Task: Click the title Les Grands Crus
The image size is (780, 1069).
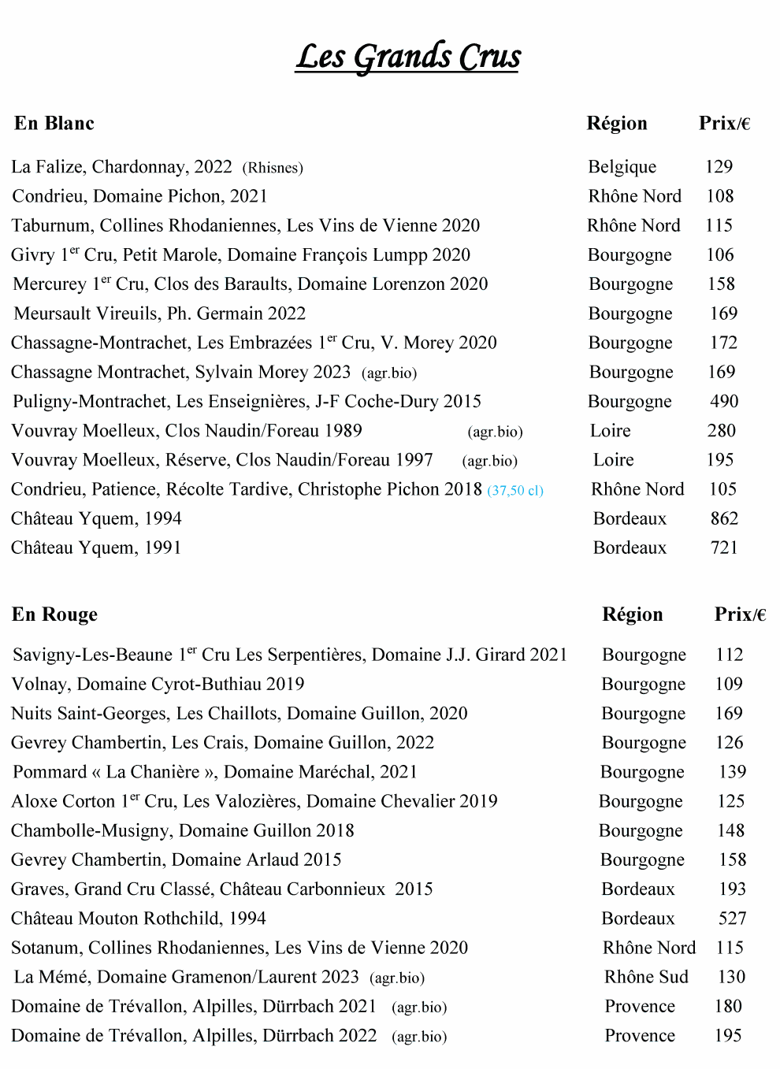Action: [x=407, y=57]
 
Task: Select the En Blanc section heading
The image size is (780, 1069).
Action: [x=54, y=124]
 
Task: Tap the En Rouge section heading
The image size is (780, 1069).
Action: [x=54, y=614]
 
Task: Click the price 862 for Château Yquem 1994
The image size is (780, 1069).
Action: [x=724, y=518]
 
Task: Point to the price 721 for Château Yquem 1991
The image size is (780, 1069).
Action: [x=724, y=547]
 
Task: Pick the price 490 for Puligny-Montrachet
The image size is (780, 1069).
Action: [x=724, y=401]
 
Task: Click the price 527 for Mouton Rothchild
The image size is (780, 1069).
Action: [x=732, y=919]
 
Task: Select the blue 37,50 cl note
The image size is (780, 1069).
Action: [x=515, y=491]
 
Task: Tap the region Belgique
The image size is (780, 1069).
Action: [x=622, y=167]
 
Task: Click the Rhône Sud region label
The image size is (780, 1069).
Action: [x=646, y=977]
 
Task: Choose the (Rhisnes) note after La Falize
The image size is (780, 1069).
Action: [x=273, y=168]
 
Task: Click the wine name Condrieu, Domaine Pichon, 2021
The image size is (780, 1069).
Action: [x=139, y=196]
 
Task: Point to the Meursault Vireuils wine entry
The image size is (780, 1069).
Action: [x=160, y=314]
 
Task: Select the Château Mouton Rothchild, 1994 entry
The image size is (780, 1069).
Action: [x=139, y=919]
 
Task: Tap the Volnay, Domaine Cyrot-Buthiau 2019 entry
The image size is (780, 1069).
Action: [x=158, y=684]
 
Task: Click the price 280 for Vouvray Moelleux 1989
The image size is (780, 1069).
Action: [x=721, y=431]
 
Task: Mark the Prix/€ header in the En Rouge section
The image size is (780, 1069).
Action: [x=740, y=614]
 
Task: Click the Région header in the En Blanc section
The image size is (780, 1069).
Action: [x=617, y=124]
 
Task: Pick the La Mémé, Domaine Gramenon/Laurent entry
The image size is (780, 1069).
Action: [x=186, y=977]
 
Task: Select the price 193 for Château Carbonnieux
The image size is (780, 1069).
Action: [x=732, y=889]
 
